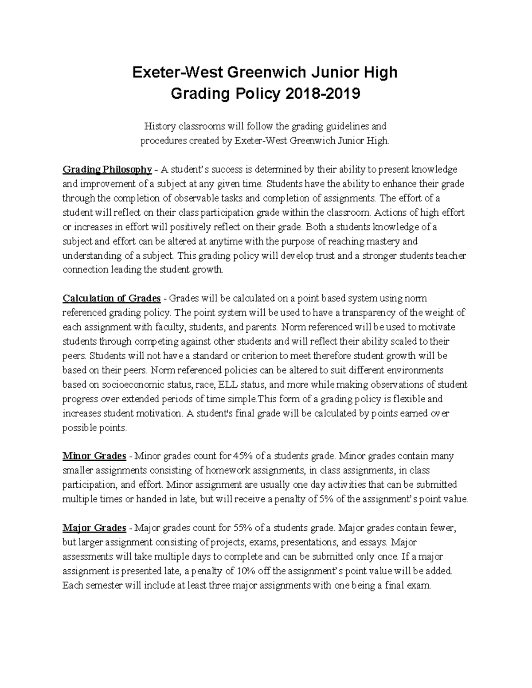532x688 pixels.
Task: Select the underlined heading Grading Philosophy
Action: (x=107, y=169)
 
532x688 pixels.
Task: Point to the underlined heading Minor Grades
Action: (x=94, y=456)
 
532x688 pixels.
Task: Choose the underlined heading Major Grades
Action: (x=94, y=528)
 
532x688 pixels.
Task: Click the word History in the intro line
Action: (x=160, y=127)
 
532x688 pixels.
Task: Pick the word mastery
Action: (x=384, y=241)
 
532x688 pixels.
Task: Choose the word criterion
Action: (x=273, y=356)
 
